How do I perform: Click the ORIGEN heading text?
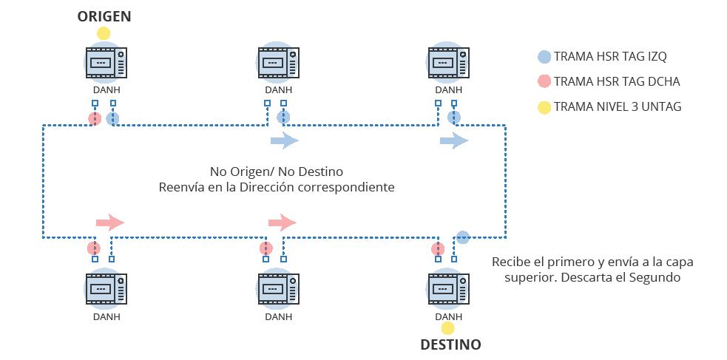pos(104,16)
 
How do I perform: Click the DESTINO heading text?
pos(450,344)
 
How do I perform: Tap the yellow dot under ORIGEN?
pos(104,33)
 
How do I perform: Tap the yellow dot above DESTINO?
pos(447,328)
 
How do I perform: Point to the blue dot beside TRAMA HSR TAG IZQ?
pos(544,56)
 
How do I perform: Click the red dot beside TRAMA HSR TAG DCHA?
pos(544,81)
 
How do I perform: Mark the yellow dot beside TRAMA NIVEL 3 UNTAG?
pos(544,107)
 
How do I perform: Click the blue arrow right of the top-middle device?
pos(284,140)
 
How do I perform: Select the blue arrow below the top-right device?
pos(453,140)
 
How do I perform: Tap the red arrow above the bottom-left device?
pos(109,222)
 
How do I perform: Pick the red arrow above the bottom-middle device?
pos(282,222)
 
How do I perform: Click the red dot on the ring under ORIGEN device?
pos(95,118)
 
